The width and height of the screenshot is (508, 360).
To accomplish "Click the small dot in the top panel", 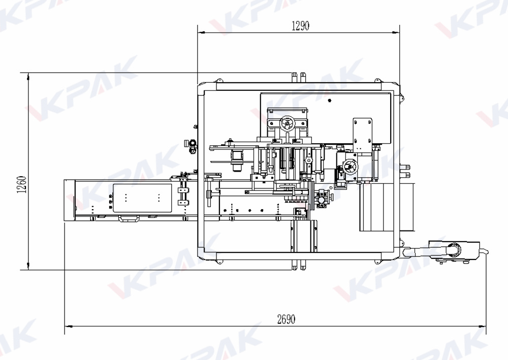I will [x=329, y=99].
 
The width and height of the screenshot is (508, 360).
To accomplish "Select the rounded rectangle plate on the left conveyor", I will [x=142, y=198].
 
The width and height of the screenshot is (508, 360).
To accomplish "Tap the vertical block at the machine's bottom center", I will [x=303, y=236].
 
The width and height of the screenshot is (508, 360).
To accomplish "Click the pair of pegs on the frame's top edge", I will [x=299, y=76].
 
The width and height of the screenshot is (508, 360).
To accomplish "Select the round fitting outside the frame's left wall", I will [x=192, y=148].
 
